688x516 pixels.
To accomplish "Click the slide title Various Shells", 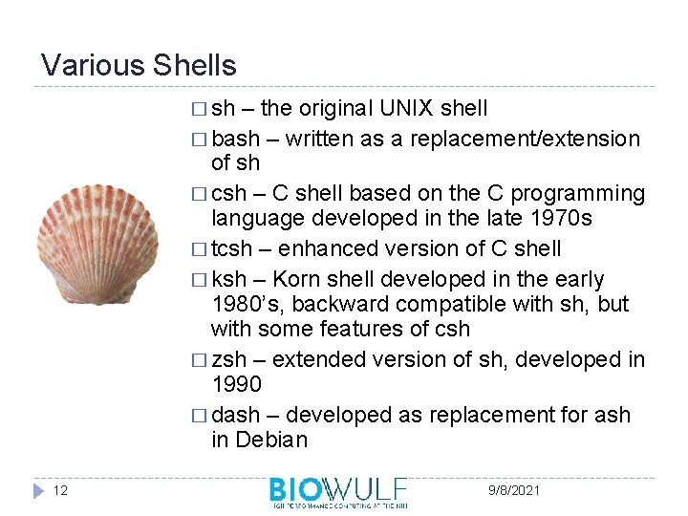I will (x=139, y=65).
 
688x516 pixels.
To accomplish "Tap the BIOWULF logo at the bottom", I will (x=338, y=491).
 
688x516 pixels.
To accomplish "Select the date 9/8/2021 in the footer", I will (x=513, y=490).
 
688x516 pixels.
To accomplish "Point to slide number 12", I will (x=60, y=490).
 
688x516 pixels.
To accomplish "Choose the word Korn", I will (x=298, y=280).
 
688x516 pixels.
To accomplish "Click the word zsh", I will (x=229, y=359).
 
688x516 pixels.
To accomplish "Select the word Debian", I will (x=273, y=440).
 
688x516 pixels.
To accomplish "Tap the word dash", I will (x=235, y=415).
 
